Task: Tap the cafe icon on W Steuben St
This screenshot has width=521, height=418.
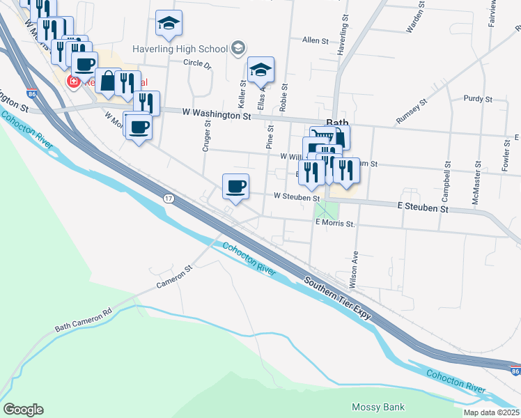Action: click(x=235, y=186)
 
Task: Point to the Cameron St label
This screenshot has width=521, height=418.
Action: click(x=173, y=277)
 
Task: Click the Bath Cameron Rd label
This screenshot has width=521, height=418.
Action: click(x=83, y=320)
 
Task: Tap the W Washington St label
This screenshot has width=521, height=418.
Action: click(x=216, y=114)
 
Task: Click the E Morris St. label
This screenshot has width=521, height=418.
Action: click(x=335, y=224)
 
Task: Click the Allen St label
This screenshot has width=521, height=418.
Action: click(x=315, y=41)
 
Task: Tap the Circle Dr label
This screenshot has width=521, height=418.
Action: click(x=196, y=63)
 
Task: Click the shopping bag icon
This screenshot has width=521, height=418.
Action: click(x=107, y=80)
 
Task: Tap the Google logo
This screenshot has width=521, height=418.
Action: click(x=23, y=410)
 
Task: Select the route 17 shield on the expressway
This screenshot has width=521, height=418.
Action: click(x=169, y=199)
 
